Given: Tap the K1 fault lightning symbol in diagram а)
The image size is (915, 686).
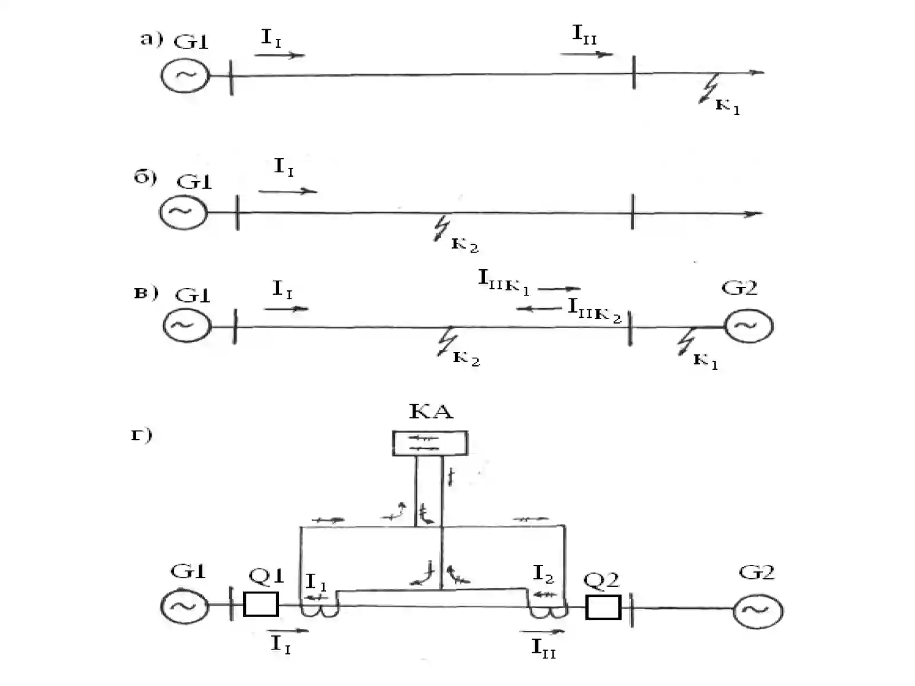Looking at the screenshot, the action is [x=709, y=88].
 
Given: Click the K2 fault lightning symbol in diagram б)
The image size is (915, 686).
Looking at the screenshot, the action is [x=442, y=228].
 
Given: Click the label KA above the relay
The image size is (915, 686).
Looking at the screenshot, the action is [x=431, y=412].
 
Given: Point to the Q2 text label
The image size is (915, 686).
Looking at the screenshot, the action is [x=601, y=580].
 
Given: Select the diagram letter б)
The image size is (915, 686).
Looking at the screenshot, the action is [x=145, y=177].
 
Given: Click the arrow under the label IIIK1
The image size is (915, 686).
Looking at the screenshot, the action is [x=559, y=288].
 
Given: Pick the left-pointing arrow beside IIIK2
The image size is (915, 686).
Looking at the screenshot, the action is [x=539, y=309].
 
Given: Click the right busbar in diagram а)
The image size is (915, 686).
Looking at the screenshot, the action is [x=634, y=72].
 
